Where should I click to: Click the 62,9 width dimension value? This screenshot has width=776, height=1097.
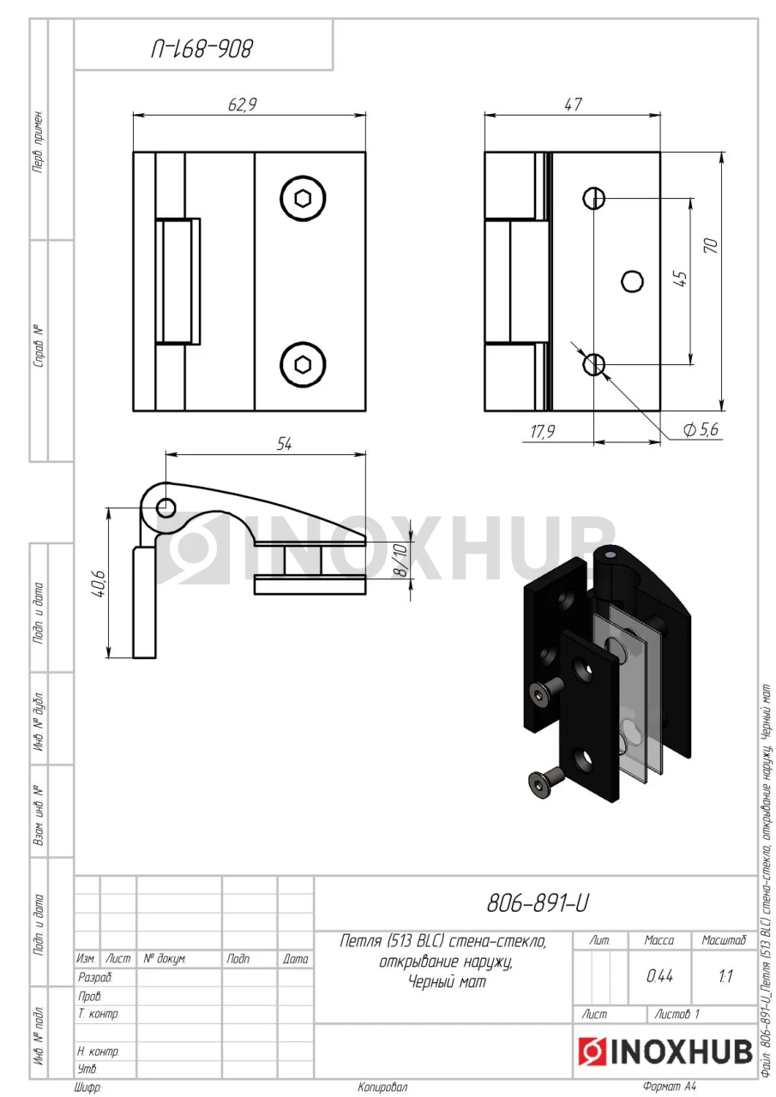[x=242, y=105]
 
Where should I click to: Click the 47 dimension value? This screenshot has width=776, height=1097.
[x=573, y=105]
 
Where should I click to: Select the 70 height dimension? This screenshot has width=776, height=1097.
[x=712, y=245]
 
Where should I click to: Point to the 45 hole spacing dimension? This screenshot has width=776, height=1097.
[x=681, y=279]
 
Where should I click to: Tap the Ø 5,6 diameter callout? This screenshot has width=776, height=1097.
[x=701, y=429]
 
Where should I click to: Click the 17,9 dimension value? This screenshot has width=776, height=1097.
[x=543, y=431]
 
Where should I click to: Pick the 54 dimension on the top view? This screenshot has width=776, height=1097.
[x=284, y=444]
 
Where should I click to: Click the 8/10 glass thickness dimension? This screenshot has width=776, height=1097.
[x=400, y=560]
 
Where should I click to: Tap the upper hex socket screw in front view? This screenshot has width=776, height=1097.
[x=304, y=199]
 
